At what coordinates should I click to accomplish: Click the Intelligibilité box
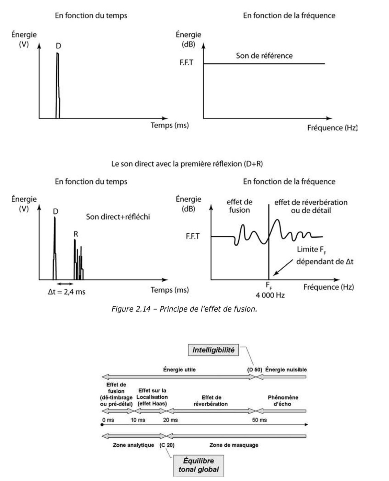213,350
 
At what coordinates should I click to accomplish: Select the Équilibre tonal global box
198,465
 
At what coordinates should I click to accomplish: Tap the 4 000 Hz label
270,295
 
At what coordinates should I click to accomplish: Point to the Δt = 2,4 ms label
67,292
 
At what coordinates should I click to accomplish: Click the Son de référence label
264,56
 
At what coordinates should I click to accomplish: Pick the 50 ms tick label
259,420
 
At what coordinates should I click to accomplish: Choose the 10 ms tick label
138,420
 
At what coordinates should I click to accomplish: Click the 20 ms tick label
170,420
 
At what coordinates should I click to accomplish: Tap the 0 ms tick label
108,420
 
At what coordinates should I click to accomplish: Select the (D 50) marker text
254,370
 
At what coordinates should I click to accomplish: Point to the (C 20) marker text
167,445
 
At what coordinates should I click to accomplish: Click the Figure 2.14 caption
184,309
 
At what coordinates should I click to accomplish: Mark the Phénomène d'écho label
283,401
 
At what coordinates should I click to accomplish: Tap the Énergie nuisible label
286,370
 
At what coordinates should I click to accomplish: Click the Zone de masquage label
234,445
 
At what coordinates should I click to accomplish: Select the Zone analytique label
133,445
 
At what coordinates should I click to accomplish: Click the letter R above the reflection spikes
76,234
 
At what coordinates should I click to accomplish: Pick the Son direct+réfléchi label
118,217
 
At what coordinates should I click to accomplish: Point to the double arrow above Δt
65,284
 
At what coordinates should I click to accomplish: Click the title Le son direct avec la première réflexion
187,164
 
